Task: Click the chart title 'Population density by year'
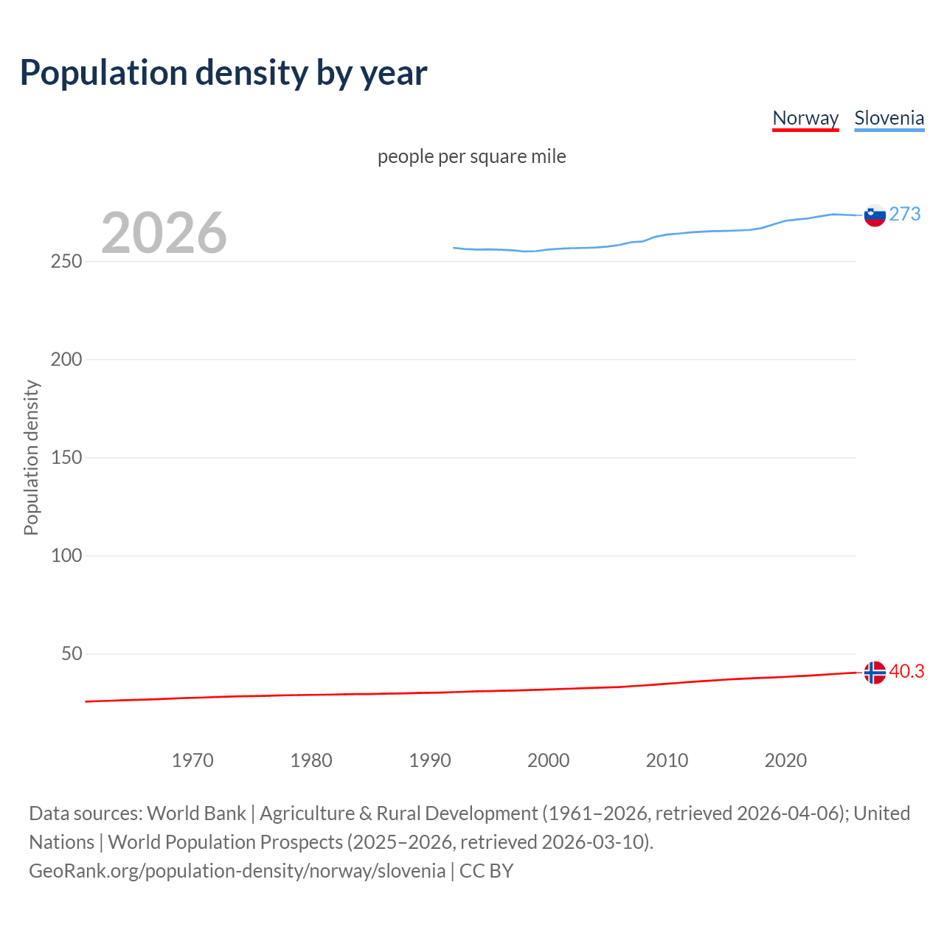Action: [x=223, y=72]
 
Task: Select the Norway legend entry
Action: [x=805, y=118]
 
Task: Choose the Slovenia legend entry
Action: [x=889, y=118]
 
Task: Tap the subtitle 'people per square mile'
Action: [x=471, y=156]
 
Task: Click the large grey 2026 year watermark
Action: [x=164, y=233]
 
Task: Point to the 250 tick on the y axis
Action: [x=66, y=262]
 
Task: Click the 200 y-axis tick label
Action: [x=66, y=360]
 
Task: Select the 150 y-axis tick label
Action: [x=66, y=458]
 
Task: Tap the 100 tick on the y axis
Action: [x=66, y=556]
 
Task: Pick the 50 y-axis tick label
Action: [x=72, y=654]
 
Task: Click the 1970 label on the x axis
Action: [x=192, y=760]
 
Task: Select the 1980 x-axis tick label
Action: [x=311, y=760]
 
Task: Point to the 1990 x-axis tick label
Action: [x=430, y=760]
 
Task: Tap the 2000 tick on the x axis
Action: [x=549, y=760]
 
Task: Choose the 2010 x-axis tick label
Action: [x=667, y=760]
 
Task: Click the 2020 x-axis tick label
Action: [x=786, y=760]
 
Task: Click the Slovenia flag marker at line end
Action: [x=875, y=215]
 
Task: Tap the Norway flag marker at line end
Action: [x=875, y=673]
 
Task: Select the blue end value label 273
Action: [x=905, y=214]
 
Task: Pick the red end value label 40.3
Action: [x=906, y=671]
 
